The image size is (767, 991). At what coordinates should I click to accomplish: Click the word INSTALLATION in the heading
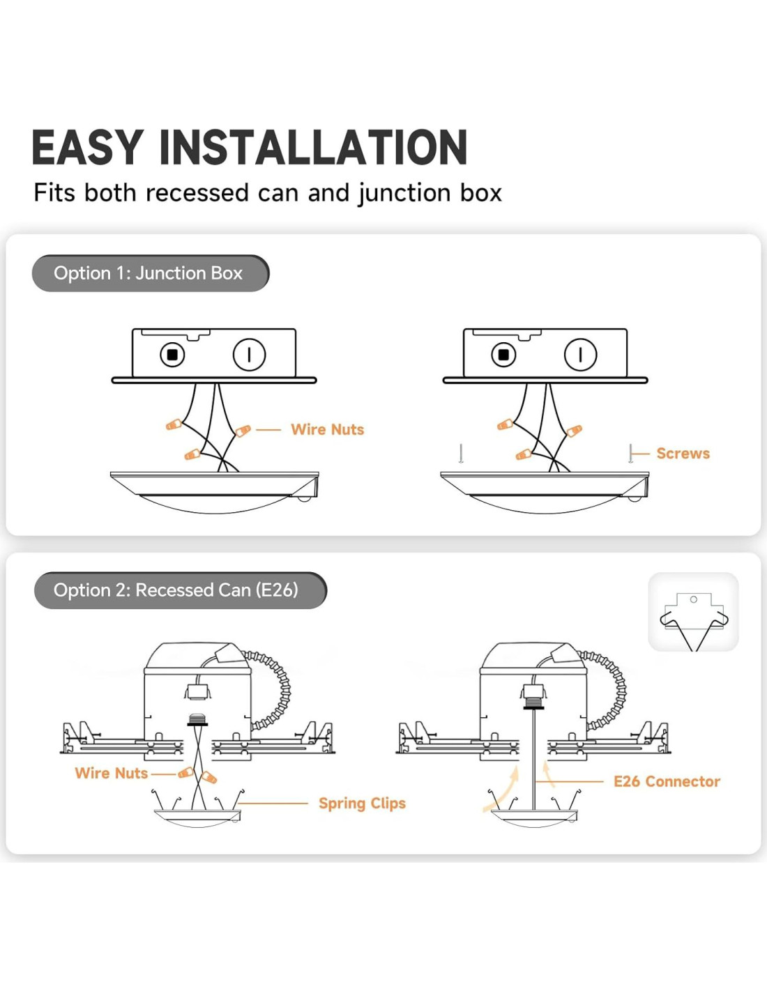pos(314,147)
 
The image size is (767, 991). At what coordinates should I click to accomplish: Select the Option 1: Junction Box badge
pos(151,273)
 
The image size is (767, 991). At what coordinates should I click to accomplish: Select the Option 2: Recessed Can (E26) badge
pos(180,590)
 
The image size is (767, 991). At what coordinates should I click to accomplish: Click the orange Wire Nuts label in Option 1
pos(328,429)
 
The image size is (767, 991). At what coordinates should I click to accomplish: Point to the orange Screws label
pos(683,453)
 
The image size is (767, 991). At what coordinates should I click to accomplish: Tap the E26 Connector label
pos(667,781)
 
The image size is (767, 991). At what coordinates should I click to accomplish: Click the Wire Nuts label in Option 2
pos(112,773)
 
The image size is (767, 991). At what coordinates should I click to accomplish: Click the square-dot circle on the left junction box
pos(172,354)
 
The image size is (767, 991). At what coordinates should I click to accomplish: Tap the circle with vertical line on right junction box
pos(580,354)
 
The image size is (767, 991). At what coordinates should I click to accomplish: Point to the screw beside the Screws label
pos(630,453)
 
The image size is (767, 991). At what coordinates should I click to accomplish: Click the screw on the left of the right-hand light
pos(462,453)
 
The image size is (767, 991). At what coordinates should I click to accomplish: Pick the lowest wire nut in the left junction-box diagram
pos(192,454)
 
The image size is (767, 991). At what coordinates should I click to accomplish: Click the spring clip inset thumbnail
pos(693,612)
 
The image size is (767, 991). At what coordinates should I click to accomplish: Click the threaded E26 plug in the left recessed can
pos(197,720)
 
